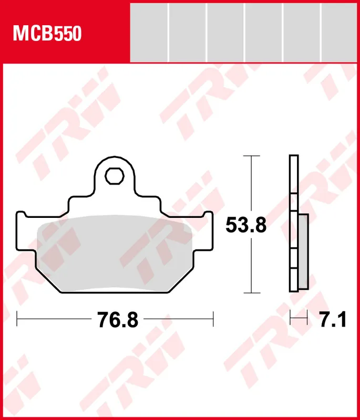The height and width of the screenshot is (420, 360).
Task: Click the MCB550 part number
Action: [x=47, y=34]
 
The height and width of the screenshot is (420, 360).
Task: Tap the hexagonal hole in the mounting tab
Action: [x=114, y=176]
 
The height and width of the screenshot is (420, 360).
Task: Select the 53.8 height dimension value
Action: [x=246, y=226]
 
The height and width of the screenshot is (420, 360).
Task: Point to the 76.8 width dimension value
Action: [x=117, y=319]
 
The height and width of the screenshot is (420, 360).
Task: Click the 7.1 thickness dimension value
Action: [x=333, y=319]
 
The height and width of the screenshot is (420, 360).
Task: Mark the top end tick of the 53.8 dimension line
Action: [x=253, y=156]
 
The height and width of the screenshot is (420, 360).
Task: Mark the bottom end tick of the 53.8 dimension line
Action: [x=253, y=293]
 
